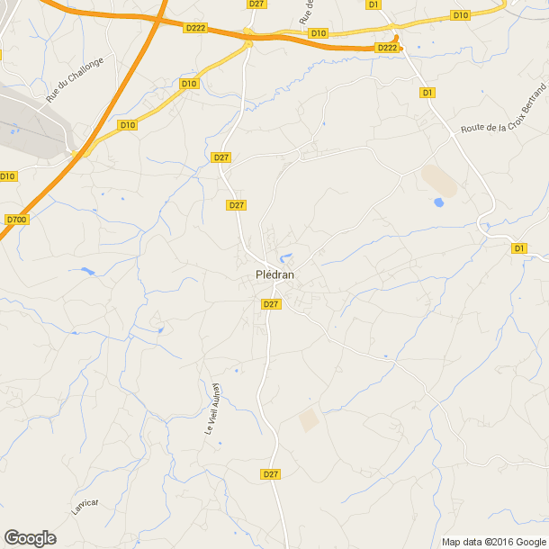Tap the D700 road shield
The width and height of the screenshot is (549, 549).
16,219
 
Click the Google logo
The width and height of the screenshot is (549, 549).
30,537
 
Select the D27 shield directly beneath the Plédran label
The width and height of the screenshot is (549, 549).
271,304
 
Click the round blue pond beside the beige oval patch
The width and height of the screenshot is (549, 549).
438,202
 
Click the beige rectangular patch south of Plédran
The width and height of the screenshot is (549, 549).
309,419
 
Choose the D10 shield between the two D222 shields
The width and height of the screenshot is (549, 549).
318,33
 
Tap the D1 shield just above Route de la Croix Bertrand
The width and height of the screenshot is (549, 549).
427,93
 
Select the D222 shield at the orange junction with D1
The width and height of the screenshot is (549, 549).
387,48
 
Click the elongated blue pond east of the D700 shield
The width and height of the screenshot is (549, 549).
87,270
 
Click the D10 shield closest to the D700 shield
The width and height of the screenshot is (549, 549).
8,175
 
